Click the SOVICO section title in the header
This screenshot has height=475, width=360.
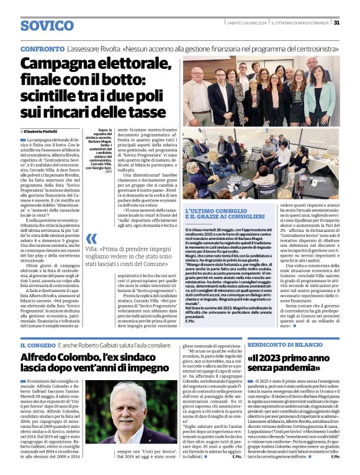click(47, 25)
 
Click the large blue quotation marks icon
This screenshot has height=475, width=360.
click(91, 239)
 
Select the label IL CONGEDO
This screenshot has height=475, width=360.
click(39, 345)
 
